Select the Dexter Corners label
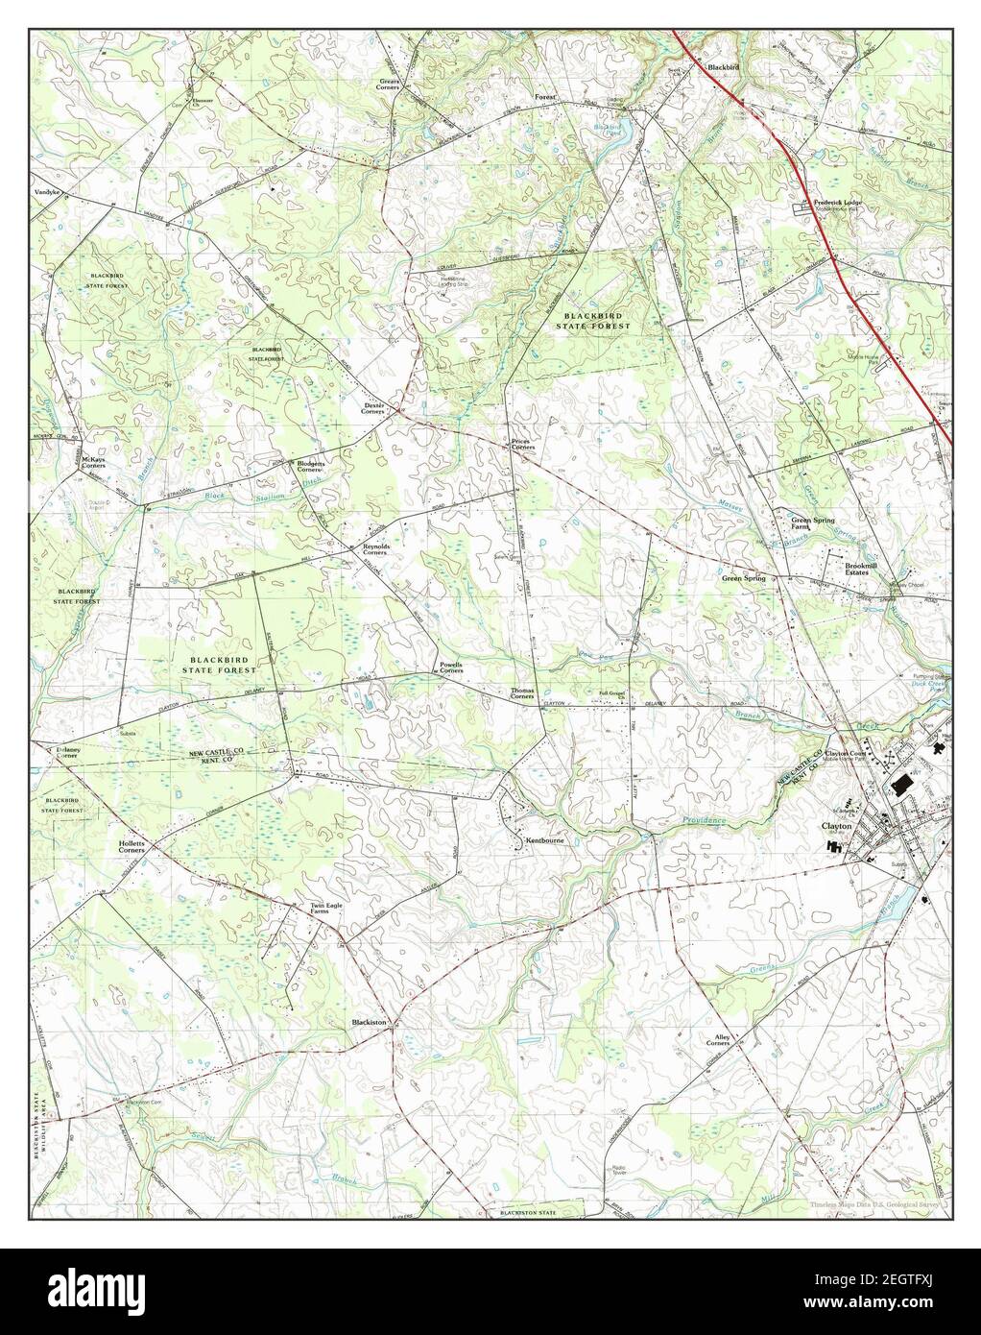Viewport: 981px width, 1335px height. (372, 408)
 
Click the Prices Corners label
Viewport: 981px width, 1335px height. (522, 445)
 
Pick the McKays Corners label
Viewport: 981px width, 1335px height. (93, 462)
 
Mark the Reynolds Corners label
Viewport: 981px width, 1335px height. (374, 550)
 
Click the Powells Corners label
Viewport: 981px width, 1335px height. (451, 667)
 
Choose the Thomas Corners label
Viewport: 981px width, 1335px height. (523, 693)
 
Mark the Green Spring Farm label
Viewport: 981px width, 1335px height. (812, 523)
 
